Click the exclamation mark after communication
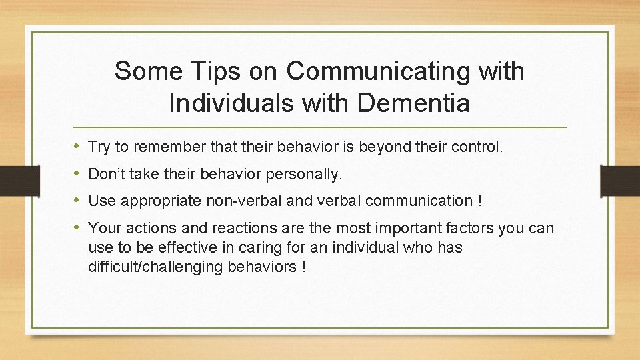[480, 201]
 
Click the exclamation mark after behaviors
[303, 267]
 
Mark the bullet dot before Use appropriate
[78, 200]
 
